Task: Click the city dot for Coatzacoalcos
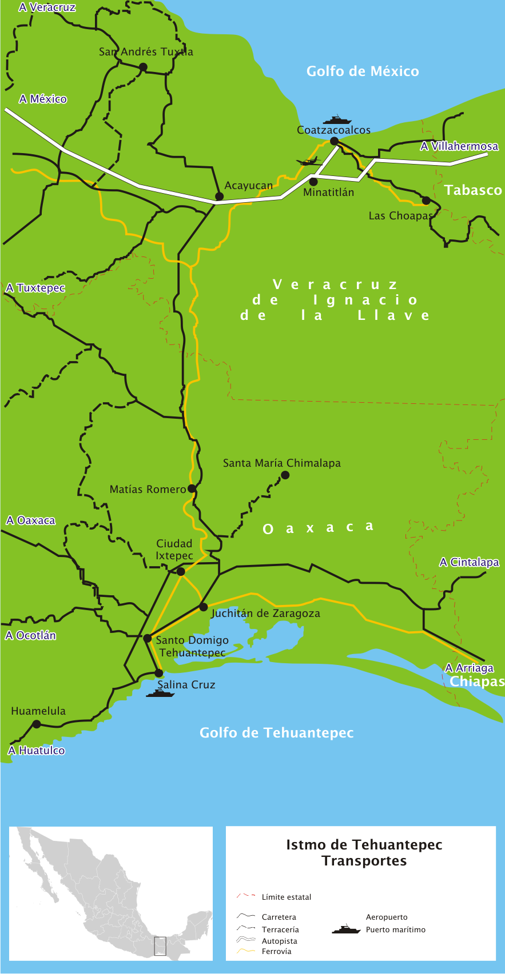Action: (335, 141)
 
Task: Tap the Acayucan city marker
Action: (219, 197)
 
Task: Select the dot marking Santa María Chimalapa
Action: (285, 475)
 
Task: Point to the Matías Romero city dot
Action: (192, 489)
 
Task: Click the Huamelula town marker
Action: (37, 724)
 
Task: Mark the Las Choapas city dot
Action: (426, 201)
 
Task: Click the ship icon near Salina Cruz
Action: (160, 693)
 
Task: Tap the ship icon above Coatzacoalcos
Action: (337, 120)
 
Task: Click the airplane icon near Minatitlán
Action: (309, 162)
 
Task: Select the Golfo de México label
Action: (363, 71)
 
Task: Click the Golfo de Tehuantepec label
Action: (276, 733)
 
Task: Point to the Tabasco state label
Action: (473, 190)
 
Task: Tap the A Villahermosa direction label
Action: (459, 146)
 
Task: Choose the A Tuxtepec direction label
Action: (35, 288)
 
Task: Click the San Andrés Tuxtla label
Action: (146, 52)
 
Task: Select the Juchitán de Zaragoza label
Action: (265, 614)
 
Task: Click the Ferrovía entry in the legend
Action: (276, 951)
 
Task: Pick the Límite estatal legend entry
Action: (286, 897)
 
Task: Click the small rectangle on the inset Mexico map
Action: (160, 946)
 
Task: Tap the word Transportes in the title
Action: (364, 861)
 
